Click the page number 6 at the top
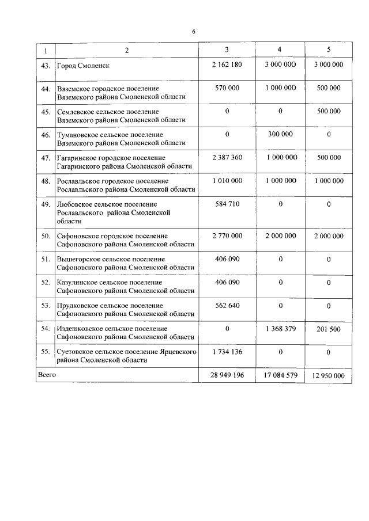[x=194, y=32]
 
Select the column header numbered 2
[x=126, y=50]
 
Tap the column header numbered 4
[x=279, y=50]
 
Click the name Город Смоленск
[x=83, y=66]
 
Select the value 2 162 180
[x=227, y=64]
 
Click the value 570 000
[x=227, y=88]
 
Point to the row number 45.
[x=46, y=112]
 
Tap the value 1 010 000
[x=227, y=181]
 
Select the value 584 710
[x=227, y=204]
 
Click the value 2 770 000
[x=227, y=236]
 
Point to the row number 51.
[x=46, y=260]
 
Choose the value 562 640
[x=227, y=305]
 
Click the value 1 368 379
[x=281, y=328]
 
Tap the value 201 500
[x=328, y=328]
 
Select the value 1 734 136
[x=227, y=351]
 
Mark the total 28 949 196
[x=227, y=375]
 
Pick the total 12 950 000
[x=328, y=375]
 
